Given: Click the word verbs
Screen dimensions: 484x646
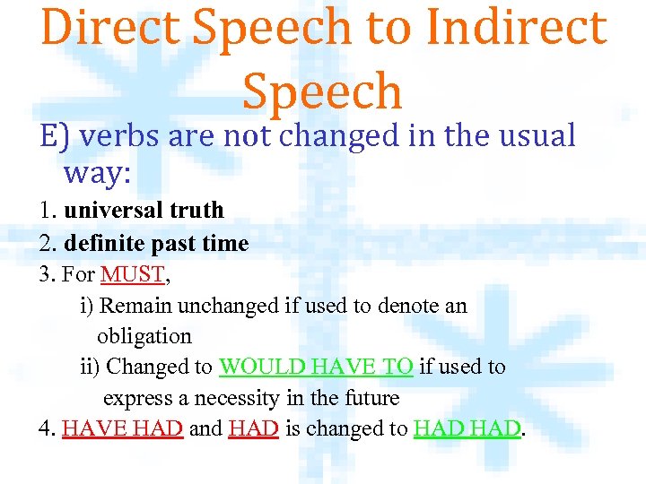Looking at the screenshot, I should coord(117,136).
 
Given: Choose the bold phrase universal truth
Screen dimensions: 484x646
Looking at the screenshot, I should coord(144,211).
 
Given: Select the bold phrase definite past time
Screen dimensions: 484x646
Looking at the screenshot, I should coord(156,243).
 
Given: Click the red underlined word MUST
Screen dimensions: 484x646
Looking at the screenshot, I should coord(131,274).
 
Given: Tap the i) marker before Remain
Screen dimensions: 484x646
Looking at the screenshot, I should coord(87,306).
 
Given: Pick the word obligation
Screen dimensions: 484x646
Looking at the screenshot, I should coord(144,336).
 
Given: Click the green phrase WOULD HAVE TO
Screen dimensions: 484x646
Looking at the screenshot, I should coord(316,367).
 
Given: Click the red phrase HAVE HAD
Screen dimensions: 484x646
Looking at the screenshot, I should coord(123,428).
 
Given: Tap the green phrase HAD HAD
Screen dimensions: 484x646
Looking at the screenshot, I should coord(467,428).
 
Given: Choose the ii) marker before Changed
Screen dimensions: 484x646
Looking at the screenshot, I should coord(91,367).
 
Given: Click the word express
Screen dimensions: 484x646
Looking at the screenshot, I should coord(134,397).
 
